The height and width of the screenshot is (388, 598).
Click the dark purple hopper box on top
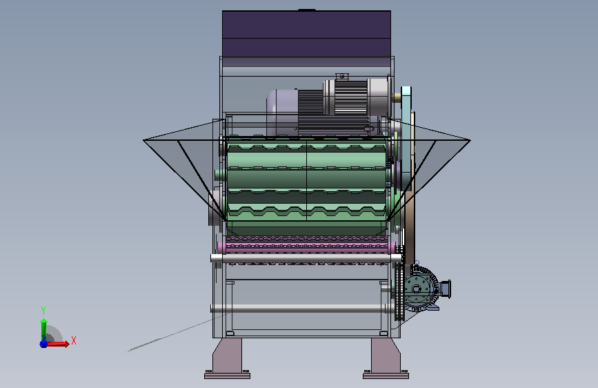click(x=306, y=34)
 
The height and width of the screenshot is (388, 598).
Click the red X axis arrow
click(x=57, y=344)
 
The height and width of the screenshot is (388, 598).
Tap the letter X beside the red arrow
click(x=74, y=340)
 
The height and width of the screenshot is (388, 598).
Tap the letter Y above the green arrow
click(x=43, y=311)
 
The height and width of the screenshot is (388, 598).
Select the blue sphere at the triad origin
click(x=43, y=344)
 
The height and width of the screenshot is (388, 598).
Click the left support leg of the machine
click(x=227, y=356)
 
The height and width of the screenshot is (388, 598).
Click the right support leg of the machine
click(x=386, y=356)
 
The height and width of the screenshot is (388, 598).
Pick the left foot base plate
click(x=228, y=376)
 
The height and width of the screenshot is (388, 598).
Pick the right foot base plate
click(x=386, y=376)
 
